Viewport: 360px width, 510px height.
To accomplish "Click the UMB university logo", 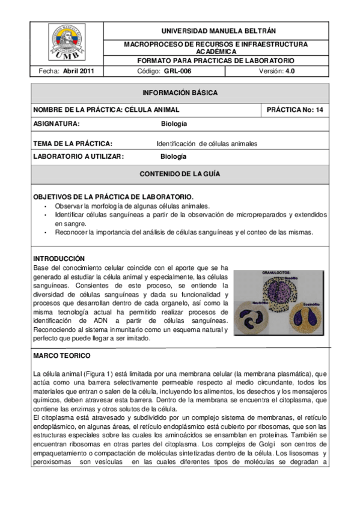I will pos(67,43).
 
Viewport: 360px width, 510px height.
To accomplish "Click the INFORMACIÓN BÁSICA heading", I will pos(180,93).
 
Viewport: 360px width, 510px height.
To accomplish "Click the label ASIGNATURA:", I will pos(56,124).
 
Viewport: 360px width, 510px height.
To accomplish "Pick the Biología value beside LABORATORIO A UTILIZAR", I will pos(174,156).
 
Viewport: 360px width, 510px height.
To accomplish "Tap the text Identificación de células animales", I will pos(207,144).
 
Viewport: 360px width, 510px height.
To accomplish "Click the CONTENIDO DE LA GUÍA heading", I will pos(180,174).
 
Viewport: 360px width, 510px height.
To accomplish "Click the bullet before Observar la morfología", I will pos(46,206).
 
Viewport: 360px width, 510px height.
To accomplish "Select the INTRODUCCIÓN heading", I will pos(59,258).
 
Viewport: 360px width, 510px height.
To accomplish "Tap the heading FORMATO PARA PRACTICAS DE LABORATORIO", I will pos(216,61).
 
